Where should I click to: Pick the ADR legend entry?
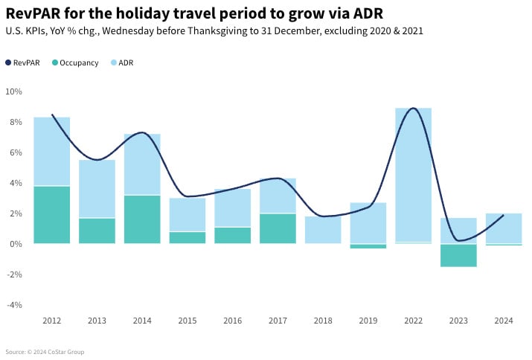click(x=126, y=63)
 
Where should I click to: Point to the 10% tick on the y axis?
click(x=13, y=91)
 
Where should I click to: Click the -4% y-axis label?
click(x=13, y=305)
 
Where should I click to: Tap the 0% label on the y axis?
click(x=16, y=244)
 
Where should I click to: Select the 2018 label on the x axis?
click(x=323, y=321)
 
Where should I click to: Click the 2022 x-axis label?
click(x=413, y=321)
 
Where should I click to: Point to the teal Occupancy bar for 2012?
click(x=52, y=215)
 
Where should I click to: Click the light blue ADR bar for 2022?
click(x=413, y=175)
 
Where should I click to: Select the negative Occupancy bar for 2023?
click(x=458, y=255)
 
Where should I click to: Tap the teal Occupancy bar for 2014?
click(x=142, y=219)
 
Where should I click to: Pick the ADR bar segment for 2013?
click(x=97, y=189)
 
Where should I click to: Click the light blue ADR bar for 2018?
click(x=323, y=230)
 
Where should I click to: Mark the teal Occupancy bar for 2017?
click(x=278, y=228)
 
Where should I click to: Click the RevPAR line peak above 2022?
click(x=414, y=109)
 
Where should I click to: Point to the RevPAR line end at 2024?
click(x=503, y=215)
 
